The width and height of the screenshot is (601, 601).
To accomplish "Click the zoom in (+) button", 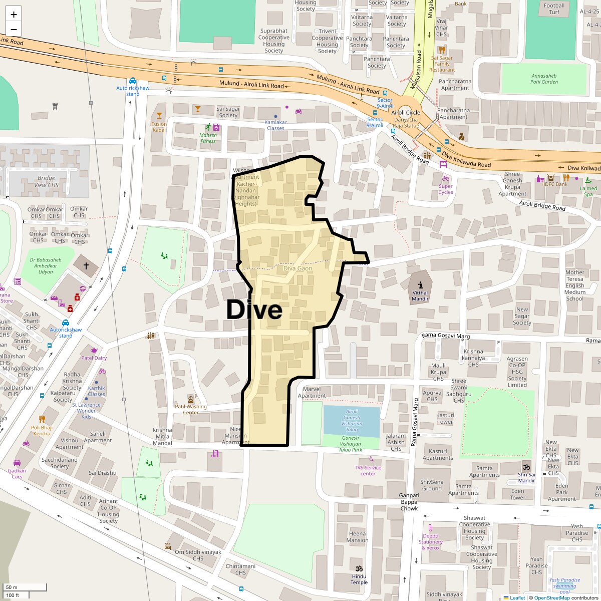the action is click(x=14, y=15).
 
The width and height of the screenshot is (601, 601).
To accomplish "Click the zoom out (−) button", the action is click(x=14, y=29).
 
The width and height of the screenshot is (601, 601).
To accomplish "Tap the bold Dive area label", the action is click(x=254, y=310).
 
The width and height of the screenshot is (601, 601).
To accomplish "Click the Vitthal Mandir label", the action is click(x=420, y=295).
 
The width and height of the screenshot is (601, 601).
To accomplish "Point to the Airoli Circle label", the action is click(x=406, y=113).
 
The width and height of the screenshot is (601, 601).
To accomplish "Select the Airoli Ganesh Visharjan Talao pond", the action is click(x=352, y=421).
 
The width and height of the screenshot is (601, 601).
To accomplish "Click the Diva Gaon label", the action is click(x=297, y=268).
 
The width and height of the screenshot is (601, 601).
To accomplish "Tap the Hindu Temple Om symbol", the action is click(x=359, y=568).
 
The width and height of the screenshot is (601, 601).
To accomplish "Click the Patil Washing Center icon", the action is click(x=191, y=399).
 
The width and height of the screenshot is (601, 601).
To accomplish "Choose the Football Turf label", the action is click(x=554, y=9).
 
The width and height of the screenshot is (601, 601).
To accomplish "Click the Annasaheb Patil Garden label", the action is click(x=544, y=79).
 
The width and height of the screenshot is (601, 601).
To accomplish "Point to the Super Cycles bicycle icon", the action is click(x=445, y=178).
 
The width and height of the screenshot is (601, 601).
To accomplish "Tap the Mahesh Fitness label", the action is click(x=208, y=138).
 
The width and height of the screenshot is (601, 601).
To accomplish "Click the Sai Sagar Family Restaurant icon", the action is click(x=442, y=50).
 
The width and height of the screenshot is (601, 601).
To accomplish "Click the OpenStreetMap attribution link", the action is click(x=552, y=597).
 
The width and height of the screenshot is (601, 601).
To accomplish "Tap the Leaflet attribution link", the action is click(x=517, y=597).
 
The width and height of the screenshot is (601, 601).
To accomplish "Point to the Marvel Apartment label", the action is click(x=312, y=392).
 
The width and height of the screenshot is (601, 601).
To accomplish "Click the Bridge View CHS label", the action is click(x=46, y=181).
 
